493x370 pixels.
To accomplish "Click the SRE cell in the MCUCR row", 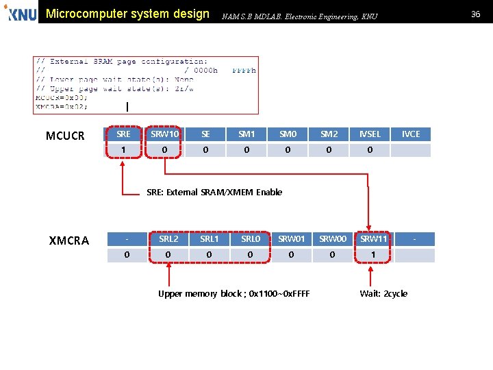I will [124, 134].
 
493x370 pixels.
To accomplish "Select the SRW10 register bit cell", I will [164, 134].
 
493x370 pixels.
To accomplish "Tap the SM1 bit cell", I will [246, 134].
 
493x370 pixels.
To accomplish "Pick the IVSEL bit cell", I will [370, 134].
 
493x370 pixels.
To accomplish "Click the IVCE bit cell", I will [411, 134].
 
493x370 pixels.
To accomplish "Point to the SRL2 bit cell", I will [168, 239].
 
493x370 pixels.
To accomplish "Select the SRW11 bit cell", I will [374, 239].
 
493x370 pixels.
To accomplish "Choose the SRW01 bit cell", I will [292, 239].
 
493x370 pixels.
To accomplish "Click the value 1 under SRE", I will [124, 150].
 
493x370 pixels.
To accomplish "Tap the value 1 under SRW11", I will [374, 256].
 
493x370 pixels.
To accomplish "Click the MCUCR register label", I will [65, 136].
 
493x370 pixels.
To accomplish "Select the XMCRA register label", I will [69, 241].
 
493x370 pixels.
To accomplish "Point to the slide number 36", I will [475, 14].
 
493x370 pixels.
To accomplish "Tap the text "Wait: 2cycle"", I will [383, 293].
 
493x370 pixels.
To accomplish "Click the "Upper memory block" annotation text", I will [233, 293].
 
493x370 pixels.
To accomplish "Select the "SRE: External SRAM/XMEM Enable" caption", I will [214, 192].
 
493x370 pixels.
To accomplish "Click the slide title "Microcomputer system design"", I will [127, 14].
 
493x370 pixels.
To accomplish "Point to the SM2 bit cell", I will [329, 134].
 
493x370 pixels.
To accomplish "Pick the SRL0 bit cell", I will [251, 239].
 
